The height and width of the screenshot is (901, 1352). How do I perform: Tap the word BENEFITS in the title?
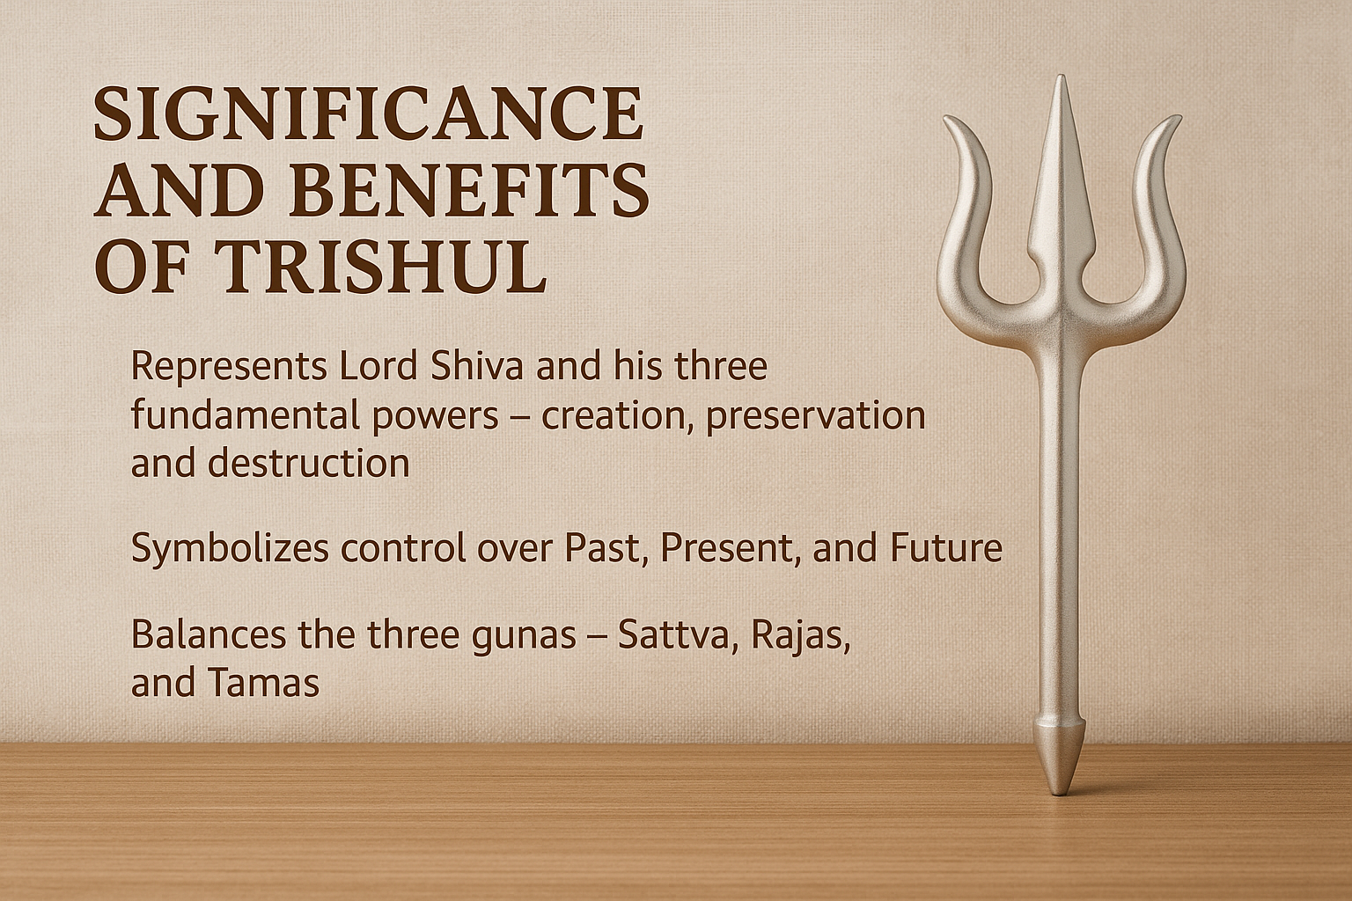click(469, 189)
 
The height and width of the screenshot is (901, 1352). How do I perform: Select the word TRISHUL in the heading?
click(380, 266)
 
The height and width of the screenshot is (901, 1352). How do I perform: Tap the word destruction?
click(308, 464)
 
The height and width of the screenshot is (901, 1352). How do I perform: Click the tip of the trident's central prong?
click(1061, 77)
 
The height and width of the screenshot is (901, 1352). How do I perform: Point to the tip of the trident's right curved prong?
click(1179, 117)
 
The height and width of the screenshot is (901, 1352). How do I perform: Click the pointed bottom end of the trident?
click(1061, 793)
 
